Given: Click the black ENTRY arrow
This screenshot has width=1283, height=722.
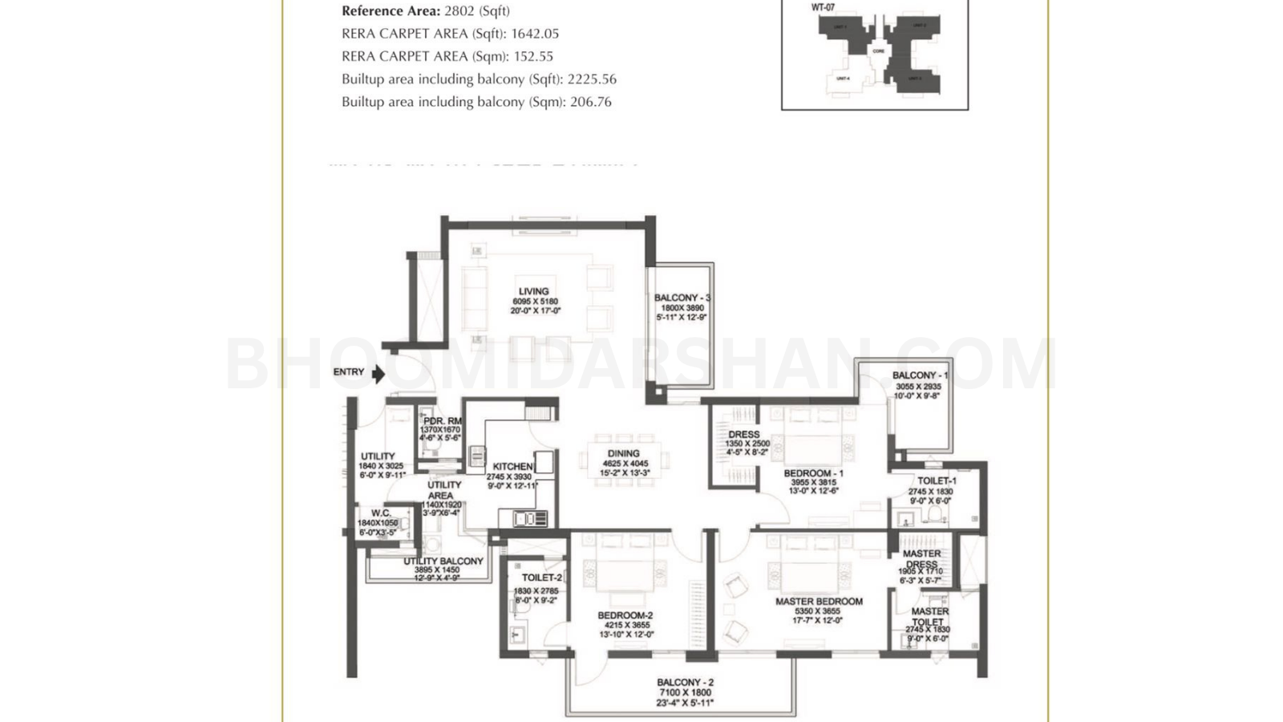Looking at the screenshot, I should (x=378, y=374).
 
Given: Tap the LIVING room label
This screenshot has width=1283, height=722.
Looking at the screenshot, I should (x=533, y=291).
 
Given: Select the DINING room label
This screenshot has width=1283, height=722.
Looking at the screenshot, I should (x=624, y=453).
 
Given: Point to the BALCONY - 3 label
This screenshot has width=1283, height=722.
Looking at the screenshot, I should (x=682, y=298).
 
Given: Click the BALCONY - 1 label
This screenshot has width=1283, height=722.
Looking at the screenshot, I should (x=920, y=375).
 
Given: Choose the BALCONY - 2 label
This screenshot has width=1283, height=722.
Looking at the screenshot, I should (x=685, y=682).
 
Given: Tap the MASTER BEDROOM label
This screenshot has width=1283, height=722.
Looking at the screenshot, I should (x=819, y=601).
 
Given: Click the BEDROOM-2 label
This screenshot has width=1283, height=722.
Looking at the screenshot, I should (x=625, y=615).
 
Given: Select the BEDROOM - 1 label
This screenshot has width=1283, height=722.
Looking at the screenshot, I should (x=813, y=473).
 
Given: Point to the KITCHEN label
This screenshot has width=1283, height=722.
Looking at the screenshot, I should (x=512, y=466).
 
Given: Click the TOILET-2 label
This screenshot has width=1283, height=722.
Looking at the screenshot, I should (x=542, y=578).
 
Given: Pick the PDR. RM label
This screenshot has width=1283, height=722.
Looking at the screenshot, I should (x=442, y=421).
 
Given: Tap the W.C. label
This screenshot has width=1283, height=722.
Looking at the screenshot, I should (x=381, y=513).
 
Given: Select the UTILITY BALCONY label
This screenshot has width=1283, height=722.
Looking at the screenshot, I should (x=443, y=562).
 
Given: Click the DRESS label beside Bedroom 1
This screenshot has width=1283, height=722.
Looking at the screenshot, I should (x=744, y=435).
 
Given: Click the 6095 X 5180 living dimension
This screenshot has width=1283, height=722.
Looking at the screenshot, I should (x=535, y=302).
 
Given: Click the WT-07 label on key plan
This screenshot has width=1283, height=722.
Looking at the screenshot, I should (x=824, y=8).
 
